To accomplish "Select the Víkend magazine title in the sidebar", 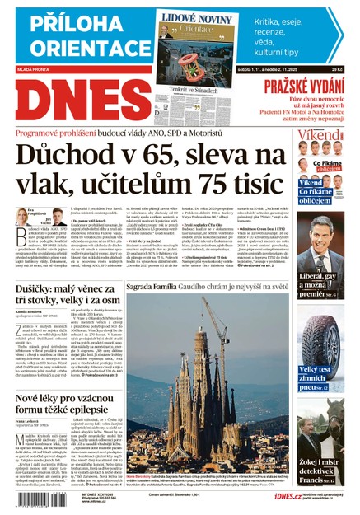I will coord(327,135).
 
